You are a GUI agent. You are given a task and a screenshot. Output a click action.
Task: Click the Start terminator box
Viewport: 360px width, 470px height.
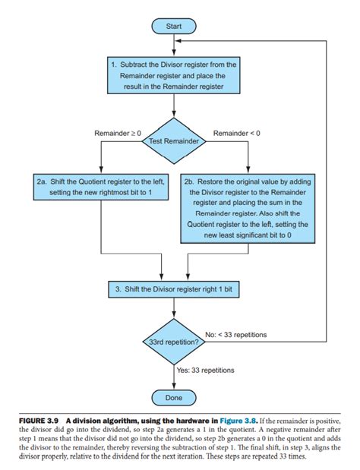(174, 26)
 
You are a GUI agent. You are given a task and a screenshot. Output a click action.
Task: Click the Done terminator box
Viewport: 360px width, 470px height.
(174, 397)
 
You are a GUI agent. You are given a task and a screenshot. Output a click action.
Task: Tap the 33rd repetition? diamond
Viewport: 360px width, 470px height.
(174, 342)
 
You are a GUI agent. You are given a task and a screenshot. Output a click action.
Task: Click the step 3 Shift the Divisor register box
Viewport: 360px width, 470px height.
(174, 289)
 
